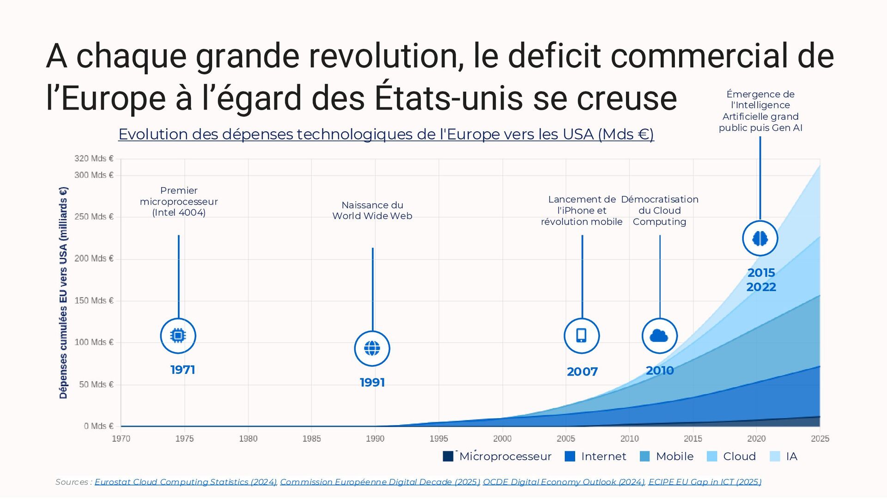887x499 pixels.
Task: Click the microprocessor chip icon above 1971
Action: click(178, 335)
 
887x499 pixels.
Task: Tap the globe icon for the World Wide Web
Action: click(372, 348)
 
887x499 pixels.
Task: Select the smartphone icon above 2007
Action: click(582, 335)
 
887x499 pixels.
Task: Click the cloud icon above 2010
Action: click(659, 335)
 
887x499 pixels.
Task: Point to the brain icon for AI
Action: click(760, 238)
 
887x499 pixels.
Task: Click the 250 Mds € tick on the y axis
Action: click(94, 217)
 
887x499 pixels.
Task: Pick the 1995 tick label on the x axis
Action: click(438, 438)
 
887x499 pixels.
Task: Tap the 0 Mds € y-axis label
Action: click(98, 426)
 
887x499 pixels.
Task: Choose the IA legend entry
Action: click(791, 456)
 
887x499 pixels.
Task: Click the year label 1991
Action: click(372, 383)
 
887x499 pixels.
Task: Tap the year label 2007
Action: click(582, 371)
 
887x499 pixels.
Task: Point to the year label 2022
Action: click(761, 287)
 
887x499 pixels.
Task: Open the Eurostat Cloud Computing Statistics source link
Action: click(186, 482)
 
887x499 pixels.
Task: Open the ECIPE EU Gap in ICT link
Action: click(705, 482)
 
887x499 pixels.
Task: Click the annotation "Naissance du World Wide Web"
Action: click(372, 210)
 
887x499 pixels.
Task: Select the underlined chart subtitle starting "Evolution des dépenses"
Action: click(386, 134)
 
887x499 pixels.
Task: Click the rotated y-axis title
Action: click(63, 292)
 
